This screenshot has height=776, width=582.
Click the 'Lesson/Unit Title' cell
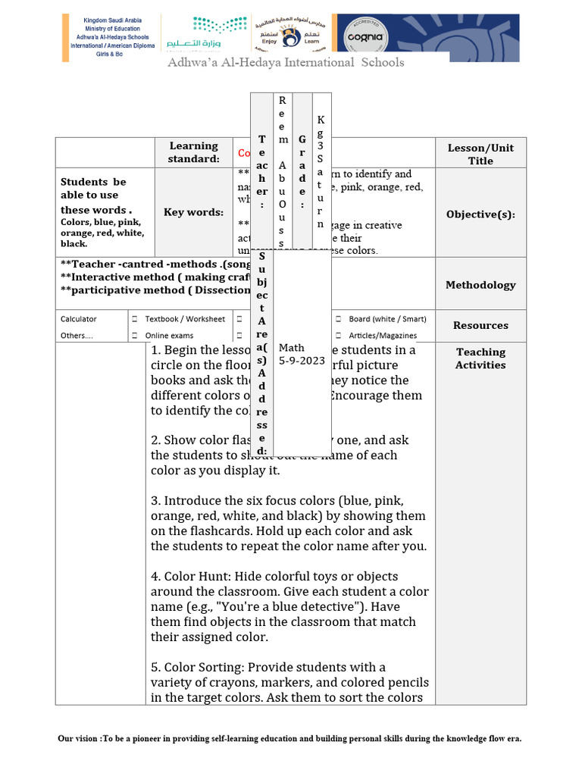(x=480, y=155)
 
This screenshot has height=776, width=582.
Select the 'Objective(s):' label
(x=480, y=214)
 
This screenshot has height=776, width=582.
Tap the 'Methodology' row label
(x=480, y=285)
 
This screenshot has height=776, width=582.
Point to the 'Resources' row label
(x=480, y=325)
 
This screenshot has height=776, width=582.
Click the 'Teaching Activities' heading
(x=480, y=358)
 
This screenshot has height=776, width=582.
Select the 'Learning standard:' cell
(x=193, y=152)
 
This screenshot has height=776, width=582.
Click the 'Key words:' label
(x=193, y=212)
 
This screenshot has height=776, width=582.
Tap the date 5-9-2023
(x=302, y=361)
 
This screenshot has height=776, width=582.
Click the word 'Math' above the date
(x=292, y=348)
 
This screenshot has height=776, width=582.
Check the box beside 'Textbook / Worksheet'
(x=134, y=319)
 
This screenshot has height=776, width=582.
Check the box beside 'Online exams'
(x=134, y=336)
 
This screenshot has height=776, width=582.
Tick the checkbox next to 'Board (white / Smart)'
(x=338, y=319)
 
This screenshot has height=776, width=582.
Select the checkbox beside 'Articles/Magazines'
(x=338, y=336)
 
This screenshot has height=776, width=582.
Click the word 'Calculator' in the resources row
(x=79, y=319)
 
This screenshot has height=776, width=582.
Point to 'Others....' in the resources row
(x=74, y=336)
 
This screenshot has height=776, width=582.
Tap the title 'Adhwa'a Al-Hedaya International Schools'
(x=286, y=62)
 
